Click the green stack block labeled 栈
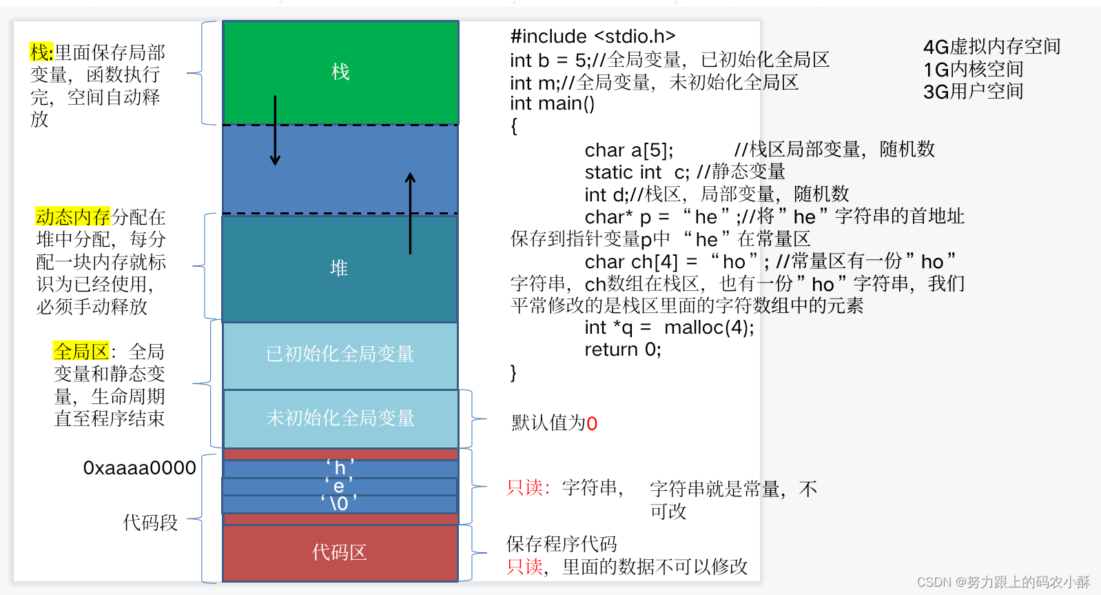click(340, 72)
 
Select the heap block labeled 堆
click(339, 268)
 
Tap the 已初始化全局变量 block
click(340, 354)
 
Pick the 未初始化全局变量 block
click(340, 418)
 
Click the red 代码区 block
click(340, 552)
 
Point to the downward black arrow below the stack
click(275, 131)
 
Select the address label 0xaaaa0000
click(140, 468)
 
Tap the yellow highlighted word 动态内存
click(72, 217)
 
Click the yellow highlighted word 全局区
click(81, 352)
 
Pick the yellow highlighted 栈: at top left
click(41, 52)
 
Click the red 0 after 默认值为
click(592, 423)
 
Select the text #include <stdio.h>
click(593, 37)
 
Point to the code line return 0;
click(623, 350)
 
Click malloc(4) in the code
click(708, 327)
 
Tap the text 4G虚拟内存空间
click(991, 47)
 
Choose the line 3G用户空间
click(973, 92)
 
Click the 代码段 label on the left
click(150, 523)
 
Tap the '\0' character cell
click(339, 503)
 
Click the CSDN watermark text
click(1003, 583)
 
